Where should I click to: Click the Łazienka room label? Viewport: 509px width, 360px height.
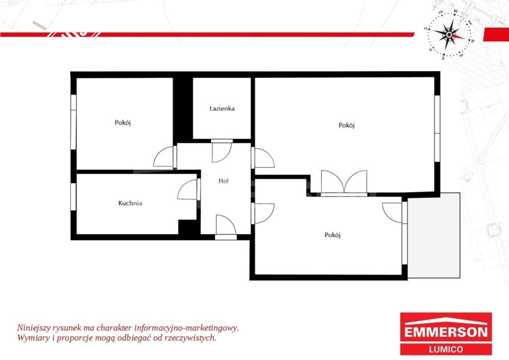tap(222, 108)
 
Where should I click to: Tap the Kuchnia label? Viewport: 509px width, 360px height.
tap(130, 203)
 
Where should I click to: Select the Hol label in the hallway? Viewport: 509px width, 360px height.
tap(223, 181)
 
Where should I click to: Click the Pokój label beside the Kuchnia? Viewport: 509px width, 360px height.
tap(123, 123)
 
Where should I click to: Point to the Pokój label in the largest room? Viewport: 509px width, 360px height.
tap(346, 125)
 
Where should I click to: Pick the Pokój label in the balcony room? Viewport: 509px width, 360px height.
tap(333, 235)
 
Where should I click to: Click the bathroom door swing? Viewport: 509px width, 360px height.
tap(222, 152)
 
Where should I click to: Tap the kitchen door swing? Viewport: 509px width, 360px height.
tap(187, 189)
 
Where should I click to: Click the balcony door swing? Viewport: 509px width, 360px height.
tap(392, 213)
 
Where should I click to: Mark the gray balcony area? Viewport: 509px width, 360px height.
tap(433, 235)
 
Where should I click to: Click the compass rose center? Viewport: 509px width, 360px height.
tap(449, 34)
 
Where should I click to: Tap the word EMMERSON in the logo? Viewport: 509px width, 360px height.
tap(446, 332)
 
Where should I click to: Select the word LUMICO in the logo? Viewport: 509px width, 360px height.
tap(446, 349)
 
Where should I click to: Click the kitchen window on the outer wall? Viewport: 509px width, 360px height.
tap(74, 197)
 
